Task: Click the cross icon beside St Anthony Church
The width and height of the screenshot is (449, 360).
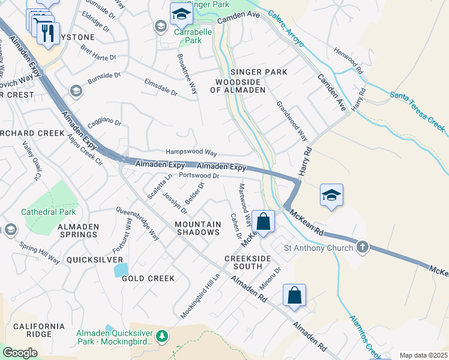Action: coord(362,247)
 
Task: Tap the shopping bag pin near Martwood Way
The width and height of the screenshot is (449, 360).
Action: coord(263,221)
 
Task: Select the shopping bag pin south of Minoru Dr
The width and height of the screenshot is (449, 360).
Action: coord(294,296)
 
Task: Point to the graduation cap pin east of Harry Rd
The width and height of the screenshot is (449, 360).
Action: coord(331,196)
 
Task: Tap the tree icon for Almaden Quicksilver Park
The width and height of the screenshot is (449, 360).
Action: coord(161,337)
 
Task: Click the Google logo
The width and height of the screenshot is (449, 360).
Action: coord(20,353)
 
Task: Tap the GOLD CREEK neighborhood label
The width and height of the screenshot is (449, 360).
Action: coord(148,278)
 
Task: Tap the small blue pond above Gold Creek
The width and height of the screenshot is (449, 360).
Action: coord(121,269)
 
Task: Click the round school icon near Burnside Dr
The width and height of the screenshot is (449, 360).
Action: coord(76,90)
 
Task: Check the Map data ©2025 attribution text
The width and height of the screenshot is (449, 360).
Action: coord(423,355)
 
